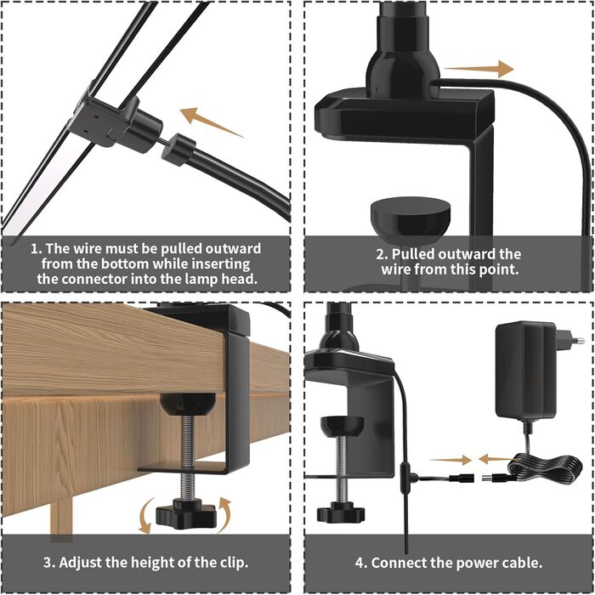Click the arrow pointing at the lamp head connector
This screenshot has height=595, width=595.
tap(211, 122)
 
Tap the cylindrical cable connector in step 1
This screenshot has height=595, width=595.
tap(178, 150)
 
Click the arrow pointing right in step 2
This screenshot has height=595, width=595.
tap(479, 69)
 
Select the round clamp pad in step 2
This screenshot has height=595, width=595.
tap(411, 220)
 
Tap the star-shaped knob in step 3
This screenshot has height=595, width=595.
tap(186, 513)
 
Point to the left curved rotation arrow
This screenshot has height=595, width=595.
tap(146, 515)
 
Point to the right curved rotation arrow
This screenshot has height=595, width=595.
tap(224, 514)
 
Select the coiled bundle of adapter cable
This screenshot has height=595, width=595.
tap(545, 471)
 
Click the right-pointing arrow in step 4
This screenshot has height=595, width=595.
tap(450, 461)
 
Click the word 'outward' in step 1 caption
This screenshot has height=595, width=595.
tap(233, 248)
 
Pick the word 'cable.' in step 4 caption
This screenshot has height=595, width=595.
tap(520, 563)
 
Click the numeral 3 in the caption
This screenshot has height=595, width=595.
tap(48, 563)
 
